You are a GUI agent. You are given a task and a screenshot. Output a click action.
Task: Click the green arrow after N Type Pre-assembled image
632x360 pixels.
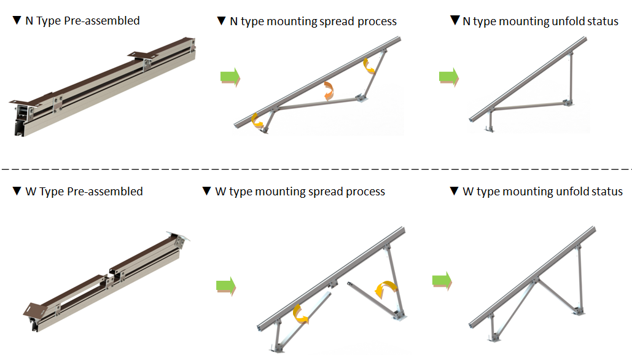coord(230,78)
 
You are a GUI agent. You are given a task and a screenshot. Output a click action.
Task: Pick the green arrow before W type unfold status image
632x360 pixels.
coord(442,281)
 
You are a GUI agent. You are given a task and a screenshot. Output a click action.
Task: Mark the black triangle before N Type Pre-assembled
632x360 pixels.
coord(17,21)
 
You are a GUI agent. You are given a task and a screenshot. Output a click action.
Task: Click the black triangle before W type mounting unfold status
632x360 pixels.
coord(454,192)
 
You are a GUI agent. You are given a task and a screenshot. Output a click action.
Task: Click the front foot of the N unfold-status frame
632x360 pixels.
coord(490,128)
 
